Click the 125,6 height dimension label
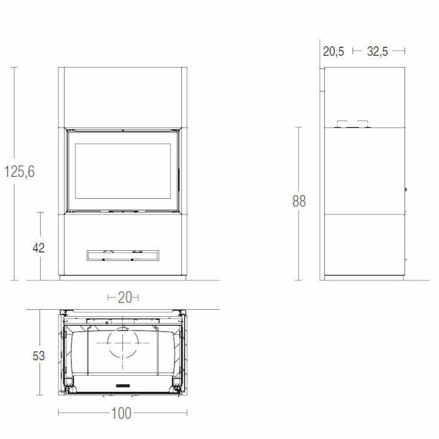[x=19, y=171]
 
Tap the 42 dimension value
[x=39, y=247]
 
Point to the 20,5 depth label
[x=334, y=51]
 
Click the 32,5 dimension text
[x=378, y=51]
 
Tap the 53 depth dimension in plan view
[x=39, y=356]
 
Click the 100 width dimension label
[x=123, y=413]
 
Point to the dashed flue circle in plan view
[x=123, y=344]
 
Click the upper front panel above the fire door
[x=123, y=97]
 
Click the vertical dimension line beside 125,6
[x=14, y=113]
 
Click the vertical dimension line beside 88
[x=299, y=157]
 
